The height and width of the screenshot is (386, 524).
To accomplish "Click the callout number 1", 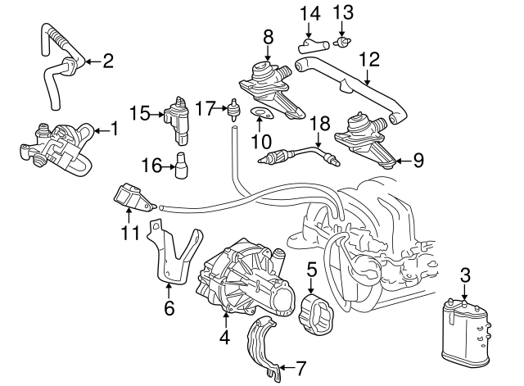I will pos(115,128).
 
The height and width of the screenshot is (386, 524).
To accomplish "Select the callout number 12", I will pos(369,59).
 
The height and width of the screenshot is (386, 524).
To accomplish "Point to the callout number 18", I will pos(320,124).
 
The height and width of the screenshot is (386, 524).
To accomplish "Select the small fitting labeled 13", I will pos(345,39).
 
